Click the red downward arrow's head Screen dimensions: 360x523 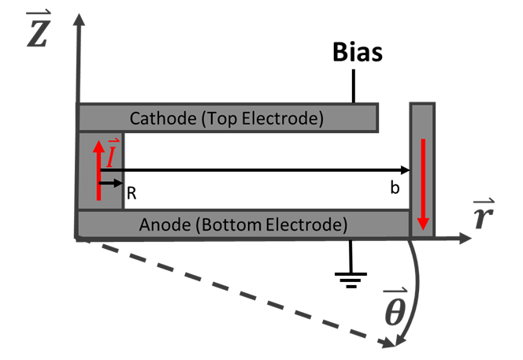[423, 225]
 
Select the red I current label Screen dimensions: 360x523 [113, 155]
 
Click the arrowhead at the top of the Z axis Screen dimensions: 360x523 [78, 20]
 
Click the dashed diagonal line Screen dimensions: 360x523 [236, 292]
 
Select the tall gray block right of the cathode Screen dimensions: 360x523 [422, 158]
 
